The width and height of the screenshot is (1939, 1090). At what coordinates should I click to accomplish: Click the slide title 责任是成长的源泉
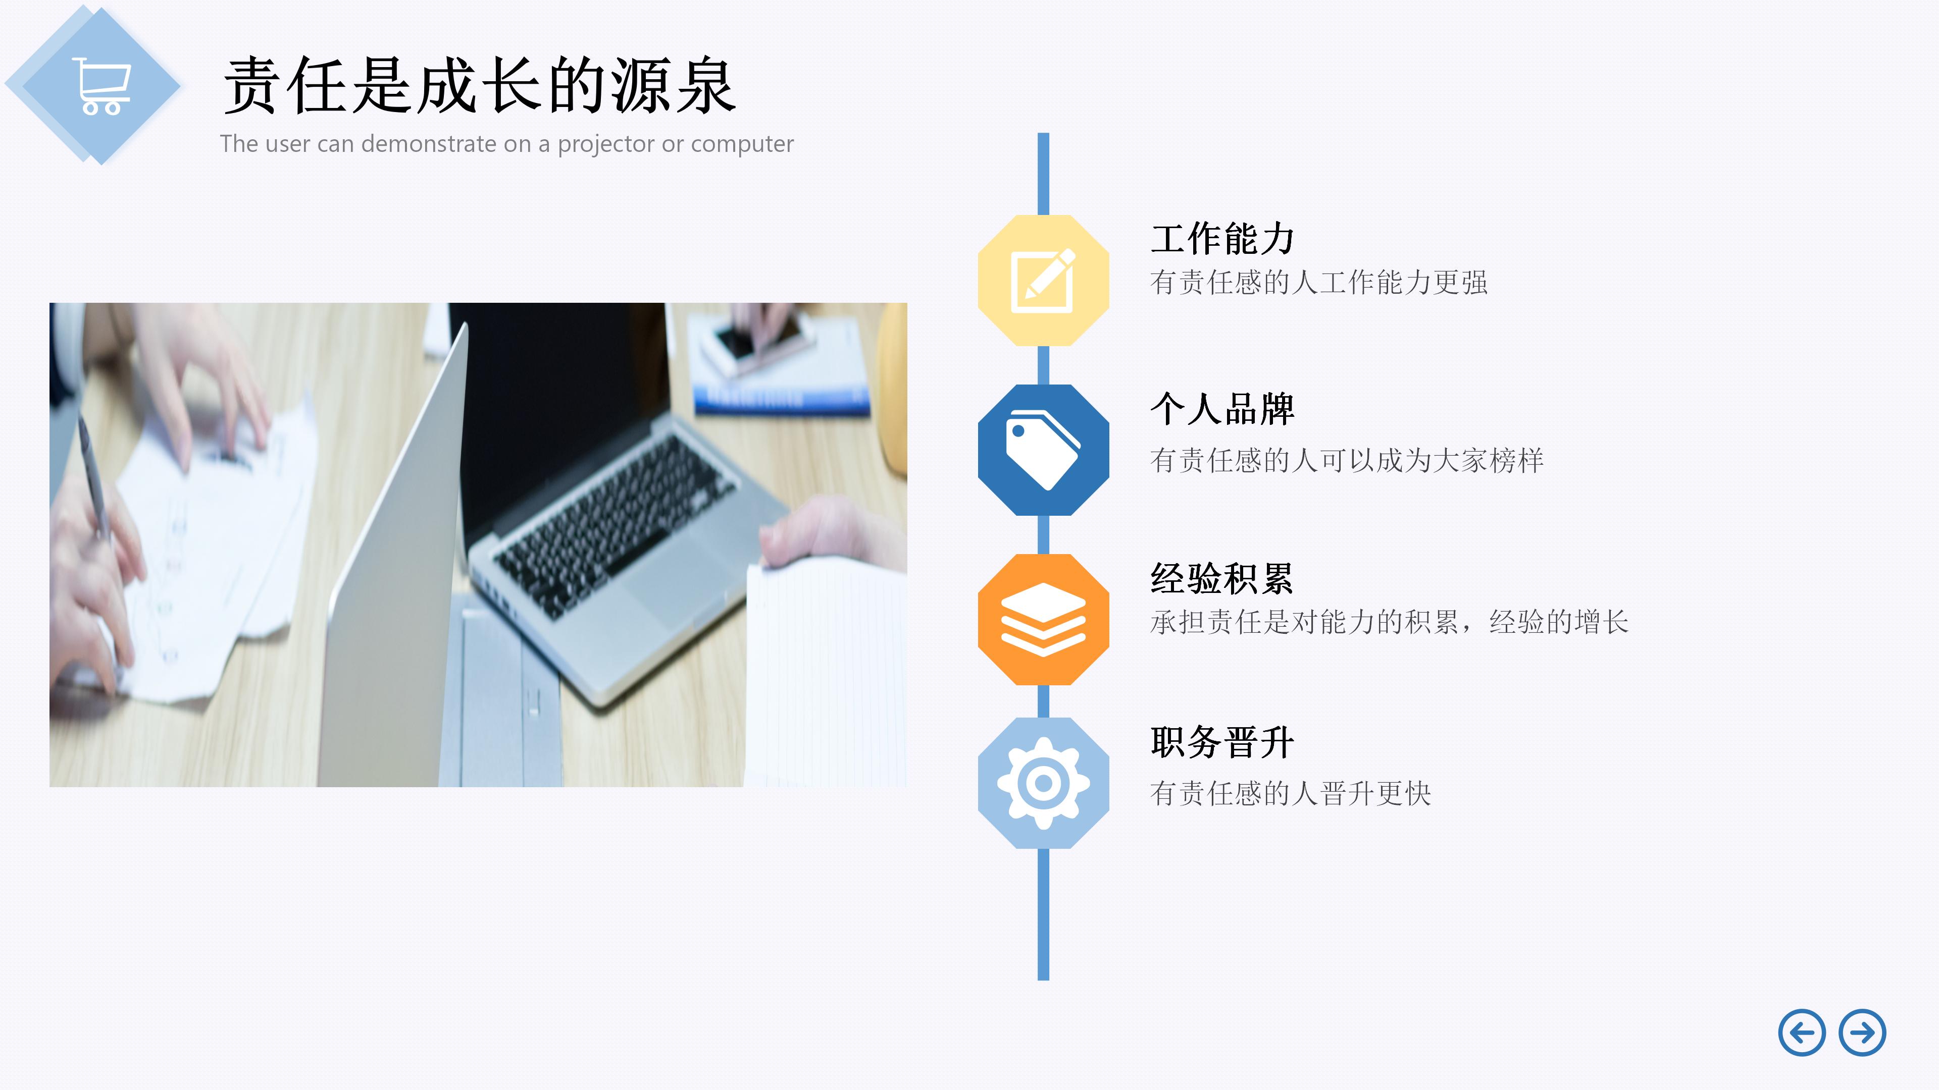[480, 86]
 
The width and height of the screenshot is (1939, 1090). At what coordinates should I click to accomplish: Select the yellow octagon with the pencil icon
[1043, 281]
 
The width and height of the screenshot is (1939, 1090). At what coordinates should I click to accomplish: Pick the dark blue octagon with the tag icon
[1043, 450]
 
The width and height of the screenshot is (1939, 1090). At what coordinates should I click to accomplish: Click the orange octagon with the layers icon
[1043, 619]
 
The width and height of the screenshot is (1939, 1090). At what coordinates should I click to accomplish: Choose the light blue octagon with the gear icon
[1043, 783]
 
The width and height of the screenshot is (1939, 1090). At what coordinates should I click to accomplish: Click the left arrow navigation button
[1801, 1033]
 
